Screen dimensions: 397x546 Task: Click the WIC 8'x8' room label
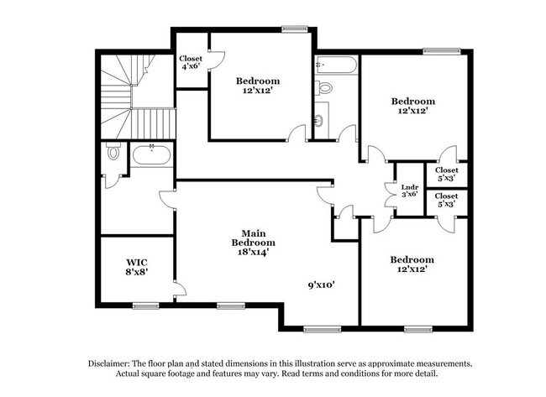[137, 267]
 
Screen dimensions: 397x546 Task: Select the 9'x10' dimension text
[321, 285]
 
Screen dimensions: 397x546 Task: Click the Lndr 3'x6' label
[410, 191]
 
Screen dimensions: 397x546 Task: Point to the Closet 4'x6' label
[191, 63]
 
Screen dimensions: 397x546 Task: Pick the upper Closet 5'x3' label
[446, 175]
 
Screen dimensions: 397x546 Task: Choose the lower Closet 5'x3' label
[446, 201]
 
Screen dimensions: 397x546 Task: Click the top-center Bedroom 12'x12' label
[257, 86]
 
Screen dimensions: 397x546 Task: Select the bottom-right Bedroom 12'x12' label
[412, 264]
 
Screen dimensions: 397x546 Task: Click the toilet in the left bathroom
[112, 155]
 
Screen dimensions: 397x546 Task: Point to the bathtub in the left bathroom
[151, 155]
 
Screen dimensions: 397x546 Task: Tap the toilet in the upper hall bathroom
[324, 87]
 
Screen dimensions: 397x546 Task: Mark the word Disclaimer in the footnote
[113, 363]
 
